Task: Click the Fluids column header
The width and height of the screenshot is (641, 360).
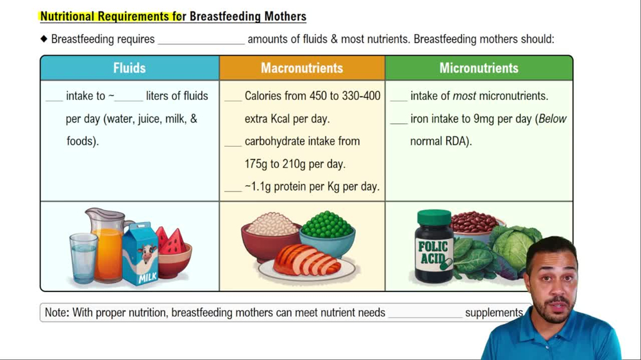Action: [129, 68]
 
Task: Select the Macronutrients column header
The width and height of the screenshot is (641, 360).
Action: [302, 68]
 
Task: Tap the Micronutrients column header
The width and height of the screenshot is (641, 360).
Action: [479, 68]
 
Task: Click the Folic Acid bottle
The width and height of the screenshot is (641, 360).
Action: [434, 247]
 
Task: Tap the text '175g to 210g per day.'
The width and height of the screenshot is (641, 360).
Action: [295, 164]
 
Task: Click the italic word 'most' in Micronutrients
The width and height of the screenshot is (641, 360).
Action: [464, 96]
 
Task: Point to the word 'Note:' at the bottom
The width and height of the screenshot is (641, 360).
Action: [56, 313]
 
